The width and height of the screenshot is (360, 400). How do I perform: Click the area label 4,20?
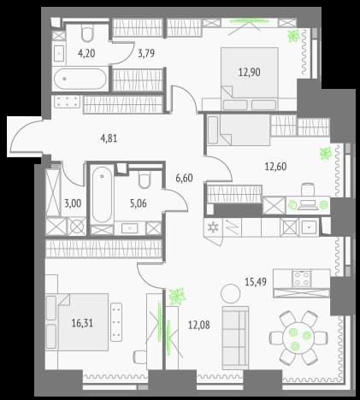(x=86, y=53)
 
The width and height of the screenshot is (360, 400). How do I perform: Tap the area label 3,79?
(x=146, y=53)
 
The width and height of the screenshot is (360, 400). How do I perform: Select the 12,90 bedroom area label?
(x=250, y=73)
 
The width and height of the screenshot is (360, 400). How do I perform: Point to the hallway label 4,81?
(x=109, y=138)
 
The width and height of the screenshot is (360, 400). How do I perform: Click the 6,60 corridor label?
(x=184, y=178)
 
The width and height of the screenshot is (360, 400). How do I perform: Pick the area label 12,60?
(x=275, y=167)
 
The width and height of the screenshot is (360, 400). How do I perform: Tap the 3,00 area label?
(x=73, y=203)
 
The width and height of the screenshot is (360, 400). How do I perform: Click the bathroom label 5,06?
(x=139, y=203)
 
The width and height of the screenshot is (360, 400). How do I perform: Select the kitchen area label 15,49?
(x=256, y=282)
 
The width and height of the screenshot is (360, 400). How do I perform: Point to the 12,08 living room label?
(x=199, y=325)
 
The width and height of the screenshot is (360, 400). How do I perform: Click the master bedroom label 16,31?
(x=82, y=323)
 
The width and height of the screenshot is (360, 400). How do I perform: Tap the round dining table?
(x=298, y=338)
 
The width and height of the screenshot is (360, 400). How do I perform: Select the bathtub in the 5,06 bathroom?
(x=102, y=195)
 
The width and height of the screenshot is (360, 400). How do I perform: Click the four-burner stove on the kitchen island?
(x=301, y=279)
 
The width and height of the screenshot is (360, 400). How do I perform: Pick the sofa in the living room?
(x=235, y=338)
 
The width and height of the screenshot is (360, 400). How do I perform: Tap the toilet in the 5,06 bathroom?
(x=145, y=179)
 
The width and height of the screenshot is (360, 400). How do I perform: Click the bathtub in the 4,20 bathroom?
(x=80, y=79)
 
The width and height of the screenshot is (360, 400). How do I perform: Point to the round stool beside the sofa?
(x=230, y=293)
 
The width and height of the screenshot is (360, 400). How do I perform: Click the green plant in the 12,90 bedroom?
(x=293, y=36)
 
